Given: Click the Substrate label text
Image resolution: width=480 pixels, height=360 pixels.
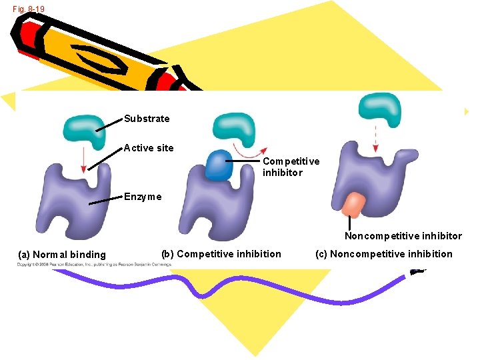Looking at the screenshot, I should pyautogui.click(x=147, y=119).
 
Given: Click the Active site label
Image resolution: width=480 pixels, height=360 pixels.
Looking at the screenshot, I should pyautogui.click(x=149, y=148).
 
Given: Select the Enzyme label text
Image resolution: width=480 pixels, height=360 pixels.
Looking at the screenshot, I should pyautogui.click(x=143, y=197).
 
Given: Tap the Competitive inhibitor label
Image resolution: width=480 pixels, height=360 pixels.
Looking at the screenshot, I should pyautogui.click(x=291, y=167).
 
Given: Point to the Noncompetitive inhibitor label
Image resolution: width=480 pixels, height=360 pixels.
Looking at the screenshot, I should pyautogui.click(x=403, y=236).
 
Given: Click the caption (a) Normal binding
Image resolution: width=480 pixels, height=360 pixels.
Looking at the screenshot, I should pyautogui.click(x=62, y=254).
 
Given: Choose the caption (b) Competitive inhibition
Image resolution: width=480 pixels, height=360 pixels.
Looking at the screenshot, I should pyautogui.click(x=221, y=253).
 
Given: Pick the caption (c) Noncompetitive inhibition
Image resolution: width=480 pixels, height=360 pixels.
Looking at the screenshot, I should pyautogui.click(x=391, y=253).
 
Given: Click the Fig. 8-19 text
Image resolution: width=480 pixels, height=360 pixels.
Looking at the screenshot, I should pyautogui.click(x=29, y=9).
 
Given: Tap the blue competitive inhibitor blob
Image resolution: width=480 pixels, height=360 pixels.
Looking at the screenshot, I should pyautogui.click(x=217, y=167).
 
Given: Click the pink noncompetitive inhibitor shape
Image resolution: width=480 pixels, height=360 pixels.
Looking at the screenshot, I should pyautogui.click(x=353, y=205).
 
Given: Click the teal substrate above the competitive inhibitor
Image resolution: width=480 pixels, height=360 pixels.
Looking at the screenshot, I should pyautogui.click(x=234, y=129).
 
